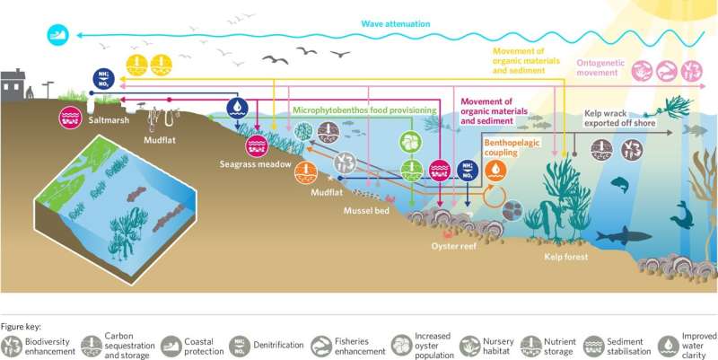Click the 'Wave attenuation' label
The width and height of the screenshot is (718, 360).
397,23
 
